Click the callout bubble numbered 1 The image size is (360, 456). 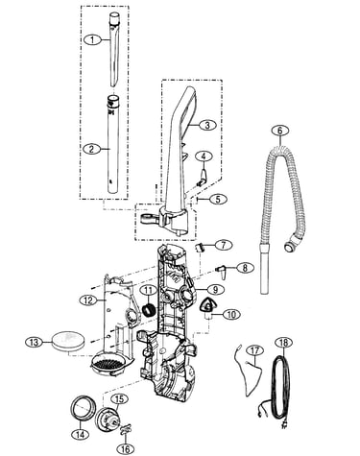92,39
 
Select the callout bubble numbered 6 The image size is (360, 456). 280,131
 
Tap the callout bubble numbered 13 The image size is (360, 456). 34,342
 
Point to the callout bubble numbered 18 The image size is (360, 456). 284,343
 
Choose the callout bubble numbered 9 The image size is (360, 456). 215,290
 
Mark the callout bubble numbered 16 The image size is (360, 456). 125,448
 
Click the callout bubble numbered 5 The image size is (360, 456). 218,199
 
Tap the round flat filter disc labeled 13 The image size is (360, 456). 69,341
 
